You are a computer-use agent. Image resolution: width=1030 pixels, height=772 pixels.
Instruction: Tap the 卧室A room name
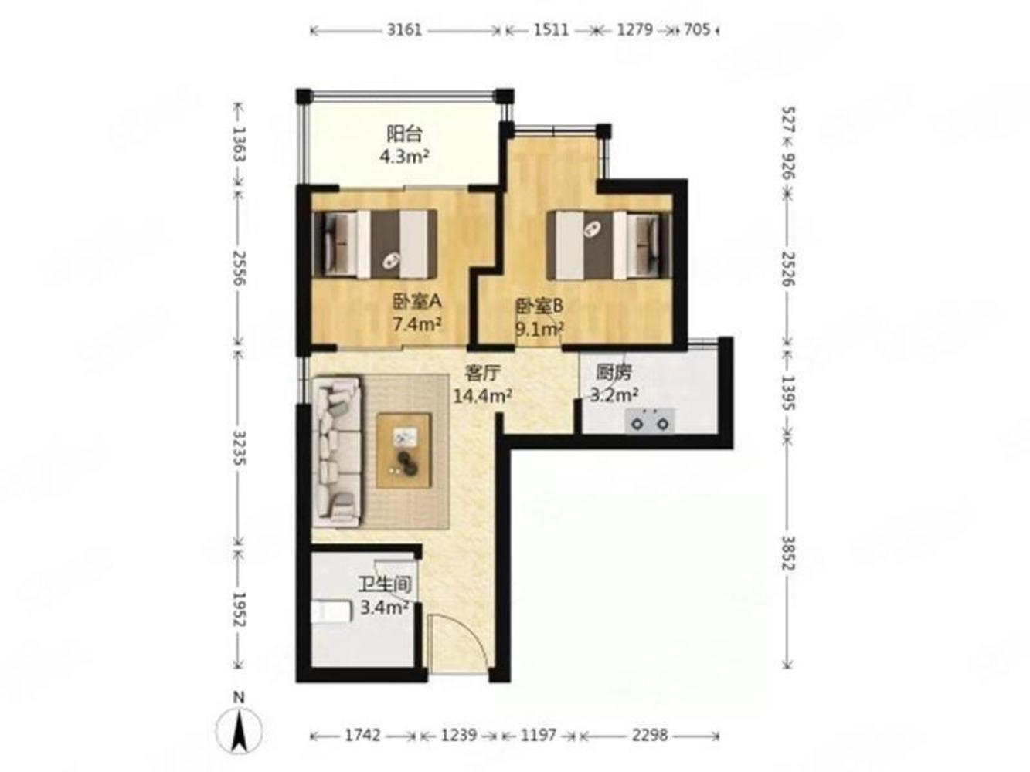click(416, 303)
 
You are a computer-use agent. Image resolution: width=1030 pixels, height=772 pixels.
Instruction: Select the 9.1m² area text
click(539, 329)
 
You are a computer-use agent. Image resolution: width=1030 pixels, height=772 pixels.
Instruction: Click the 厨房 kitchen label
click(614, 373)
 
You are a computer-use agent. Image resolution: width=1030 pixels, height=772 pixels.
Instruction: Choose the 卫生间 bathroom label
click(386, 584)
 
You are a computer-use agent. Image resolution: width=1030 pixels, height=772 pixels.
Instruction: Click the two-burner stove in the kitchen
click(650, 421)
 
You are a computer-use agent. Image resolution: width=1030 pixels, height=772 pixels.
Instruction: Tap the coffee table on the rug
click(404, 450)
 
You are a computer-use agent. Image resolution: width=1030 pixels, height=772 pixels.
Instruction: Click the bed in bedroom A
click(375, 244)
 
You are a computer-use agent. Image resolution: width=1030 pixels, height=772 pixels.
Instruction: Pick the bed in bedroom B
click(609, 245)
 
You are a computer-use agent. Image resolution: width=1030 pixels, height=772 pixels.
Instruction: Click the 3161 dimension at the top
click(404, 30)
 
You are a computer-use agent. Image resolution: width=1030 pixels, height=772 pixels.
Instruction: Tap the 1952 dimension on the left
click(240, 609)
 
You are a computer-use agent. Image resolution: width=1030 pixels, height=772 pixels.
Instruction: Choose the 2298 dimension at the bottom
click(649, 735)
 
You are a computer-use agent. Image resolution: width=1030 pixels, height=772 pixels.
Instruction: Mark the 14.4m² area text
click(482, 397)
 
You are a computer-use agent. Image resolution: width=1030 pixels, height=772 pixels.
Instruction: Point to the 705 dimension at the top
click(697, 30)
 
